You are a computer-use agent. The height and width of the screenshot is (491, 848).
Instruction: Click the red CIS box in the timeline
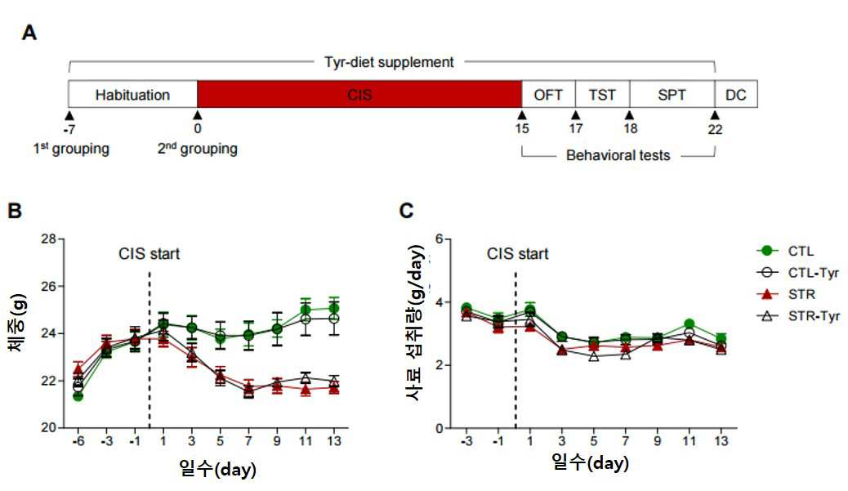point(359,94)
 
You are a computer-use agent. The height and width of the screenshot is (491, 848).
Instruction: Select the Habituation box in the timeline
point(132,94)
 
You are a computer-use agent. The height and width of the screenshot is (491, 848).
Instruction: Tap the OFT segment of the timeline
point(548,94)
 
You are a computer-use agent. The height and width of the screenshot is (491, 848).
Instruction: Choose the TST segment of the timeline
point(602,94)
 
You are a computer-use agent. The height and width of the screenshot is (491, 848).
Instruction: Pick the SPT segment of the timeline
point(672,94)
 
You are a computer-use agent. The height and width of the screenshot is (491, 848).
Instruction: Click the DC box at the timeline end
point(736,94)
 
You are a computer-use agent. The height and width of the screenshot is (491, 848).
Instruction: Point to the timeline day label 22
point(715,129)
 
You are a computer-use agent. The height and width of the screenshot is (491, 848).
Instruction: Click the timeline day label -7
point(69,129)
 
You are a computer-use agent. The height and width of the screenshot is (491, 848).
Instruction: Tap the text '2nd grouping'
point(198,149)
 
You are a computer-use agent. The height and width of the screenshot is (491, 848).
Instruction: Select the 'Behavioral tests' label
point(618,155)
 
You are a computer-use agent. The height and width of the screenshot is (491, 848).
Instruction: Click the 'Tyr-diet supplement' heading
point(389,62)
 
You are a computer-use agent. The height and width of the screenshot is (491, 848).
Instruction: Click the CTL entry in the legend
point(785,251)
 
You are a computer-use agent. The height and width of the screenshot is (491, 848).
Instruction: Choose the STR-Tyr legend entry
point(798,316)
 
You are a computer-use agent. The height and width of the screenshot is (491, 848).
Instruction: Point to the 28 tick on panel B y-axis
point(48,239)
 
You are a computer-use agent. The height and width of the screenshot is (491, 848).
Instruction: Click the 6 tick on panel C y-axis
point(440,239)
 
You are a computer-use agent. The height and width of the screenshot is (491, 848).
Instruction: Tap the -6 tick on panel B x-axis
point(78,441)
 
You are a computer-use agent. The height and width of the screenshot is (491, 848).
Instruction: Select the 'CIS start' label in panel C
point(518,253)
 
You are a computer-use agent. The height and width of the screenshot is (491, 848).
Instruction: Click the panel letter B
point(15,210)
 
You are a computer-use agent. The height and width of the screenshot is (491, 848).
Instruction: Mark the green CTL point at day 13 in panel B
point(334,308)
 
